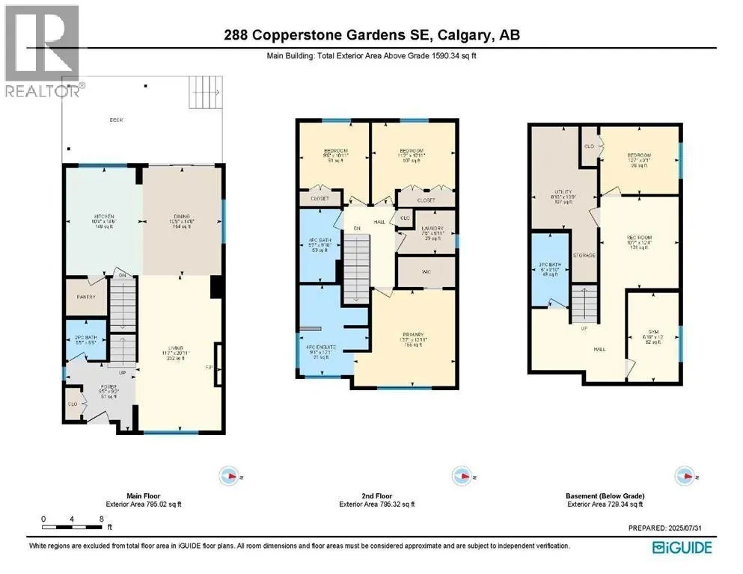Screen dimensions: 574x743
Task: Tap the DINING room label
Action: click(183, 217)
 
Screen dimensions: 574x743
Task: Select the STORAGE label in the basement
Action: click(584, 256)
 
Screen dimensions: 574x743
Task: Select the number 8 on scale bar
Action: click(100, 519)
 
